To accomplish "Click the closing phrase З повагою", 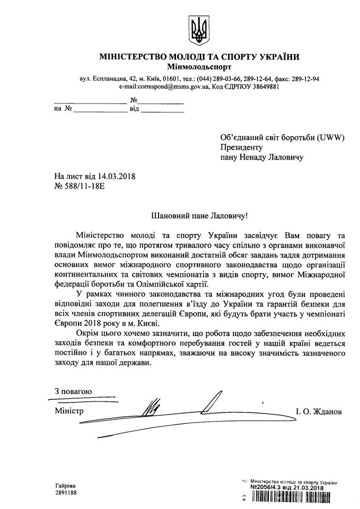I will coord(74,391).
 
